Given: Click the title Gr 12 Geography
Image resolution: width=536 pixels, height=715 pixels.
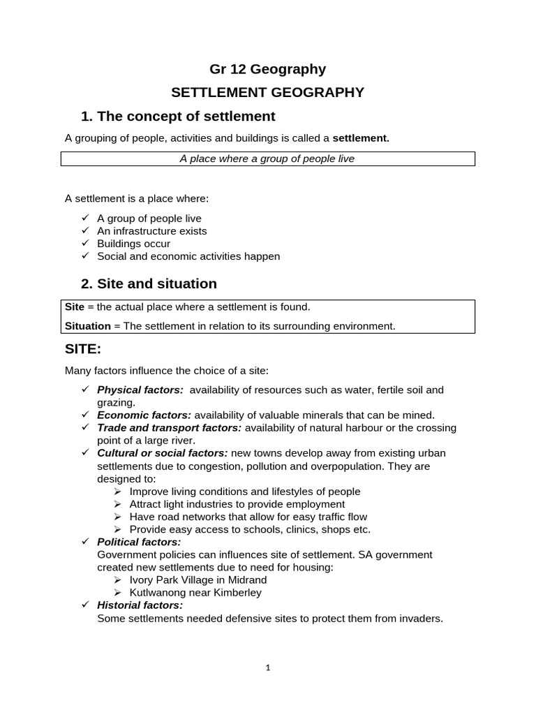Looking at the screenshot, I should coord(268,69).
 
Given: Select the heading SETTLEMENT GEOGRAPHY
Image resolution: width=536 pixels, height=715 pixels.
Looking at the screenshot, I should coord(268,92).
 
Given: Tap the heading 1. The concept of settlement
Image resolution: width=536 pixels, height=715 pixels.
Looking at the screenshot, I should coord(178,116).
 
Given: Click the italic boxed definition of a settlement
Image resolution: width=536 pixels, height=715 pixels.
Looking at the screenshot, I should coord(267,159).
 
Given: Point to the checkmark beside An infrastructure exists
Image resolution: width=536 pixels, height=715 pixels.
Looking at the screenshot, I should coord(85,230).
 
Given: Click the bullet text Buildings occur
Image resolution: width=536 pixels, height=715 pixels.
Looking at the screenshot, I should coord(133,244).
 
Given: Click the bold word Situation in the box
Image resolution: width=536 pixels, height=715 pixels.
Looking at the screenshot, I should coord(88,326).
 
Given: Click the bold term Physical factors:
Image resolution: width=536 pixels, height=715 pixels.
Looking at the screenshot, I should coord(140,390).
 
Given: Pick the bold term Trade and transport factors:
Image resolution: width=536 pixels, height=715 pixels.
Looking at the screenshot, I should coord(169,427).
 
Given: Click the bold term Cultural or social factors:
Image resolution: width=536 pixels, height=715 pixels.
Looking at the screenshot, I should coord(162,452).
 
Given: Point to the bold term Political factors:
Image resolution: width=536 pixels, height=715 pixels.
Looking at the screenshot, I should coord(138,542).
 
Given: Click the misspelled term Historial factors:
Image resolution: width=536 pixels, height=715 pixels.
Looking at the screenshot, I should coord(140,605).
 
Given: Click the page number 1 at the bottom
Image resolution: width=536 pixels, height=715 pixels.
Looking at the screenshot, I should coord(267,668).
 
